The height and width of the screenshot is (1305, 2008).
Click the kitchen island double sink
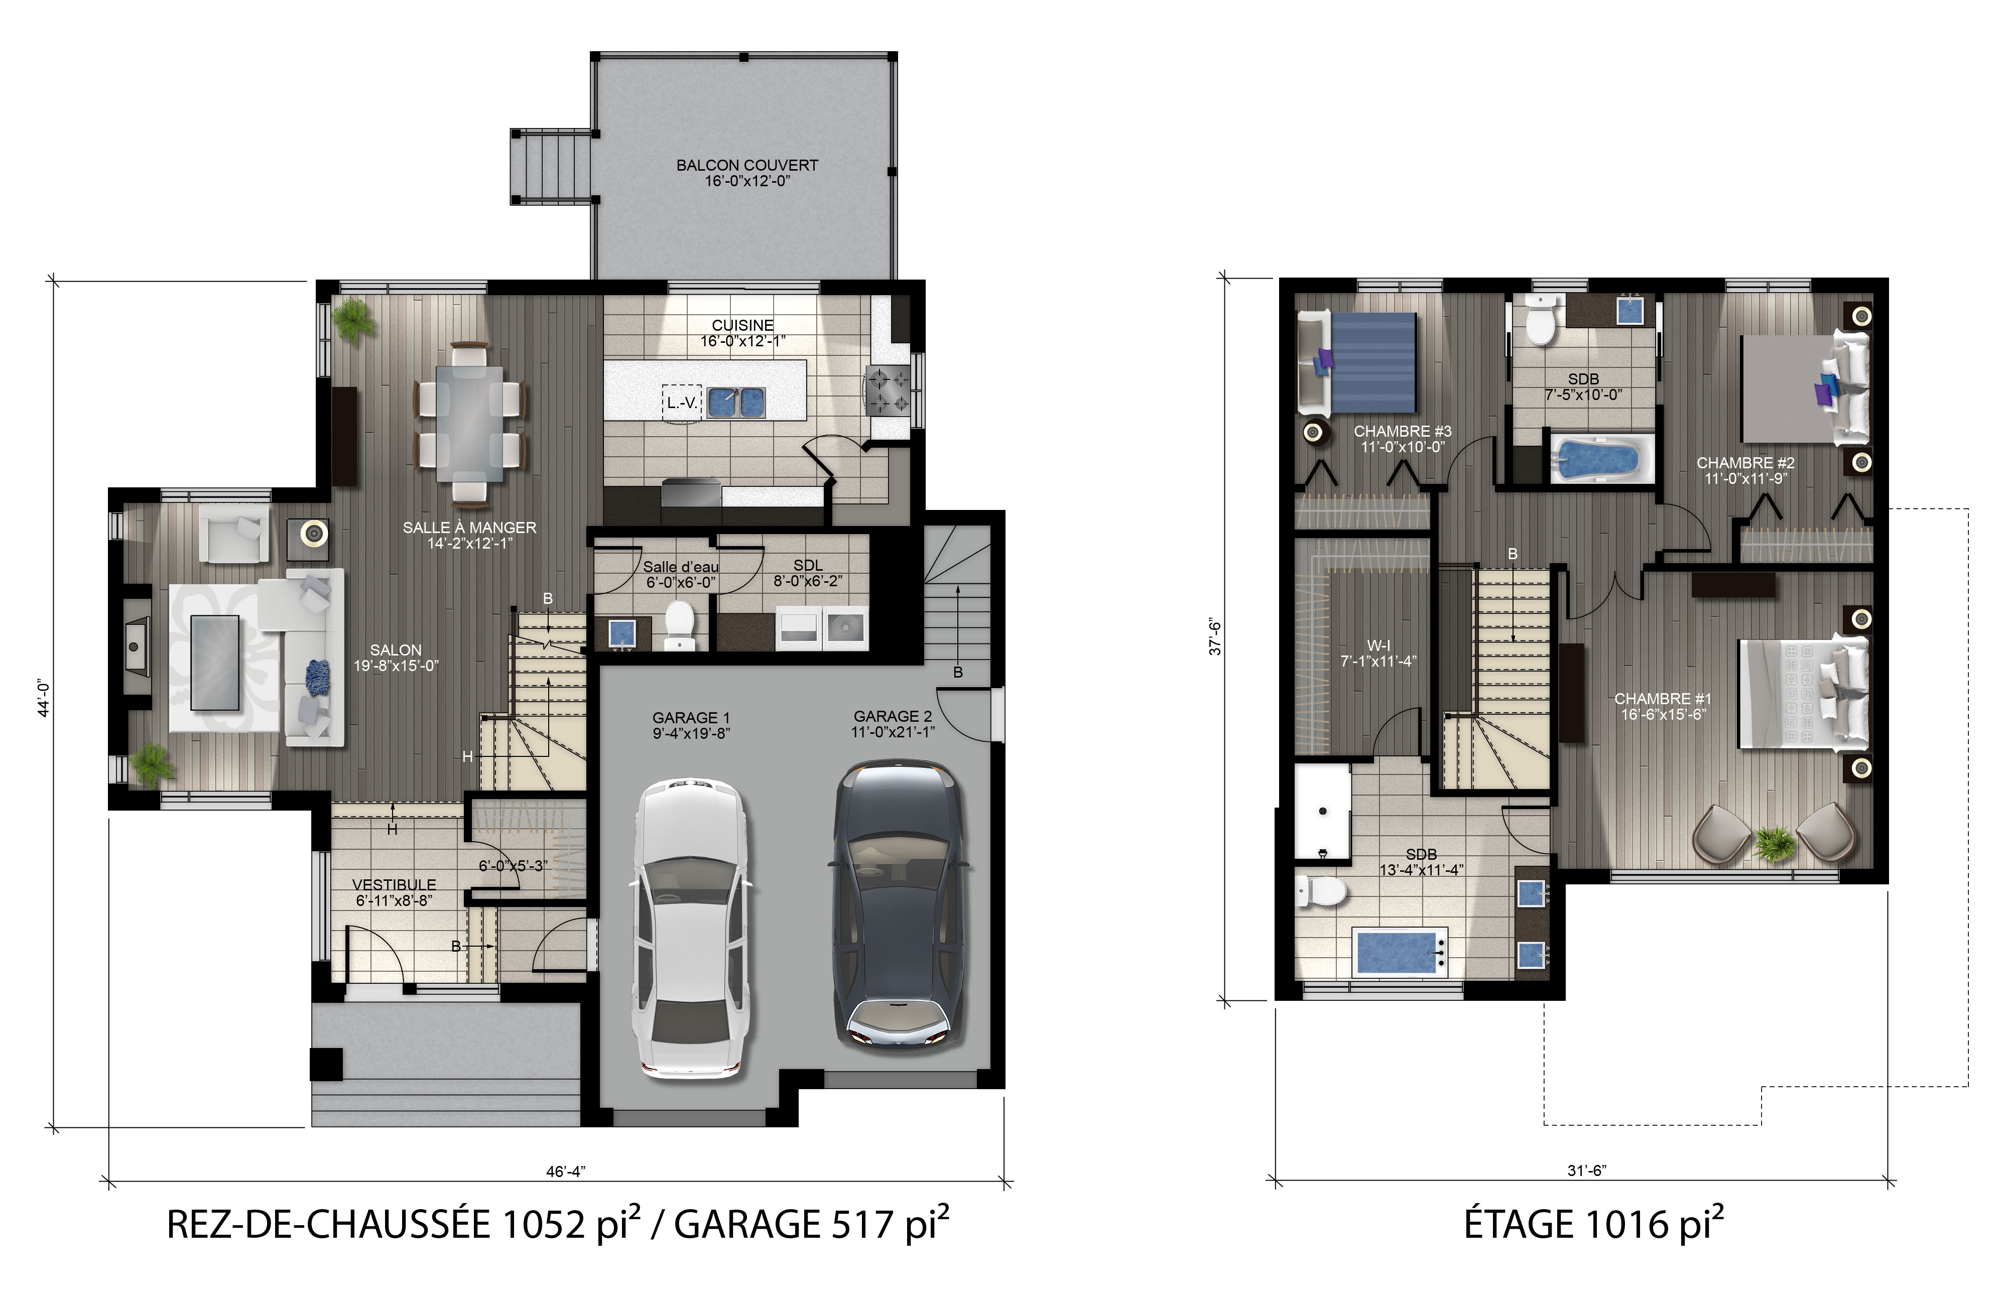[x=736, y=403]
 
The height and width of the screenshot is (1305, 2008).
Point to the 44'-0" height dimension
[x=44, y=698]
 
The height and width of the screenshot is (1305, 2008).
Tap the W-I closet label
[x=1378, y=646]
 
